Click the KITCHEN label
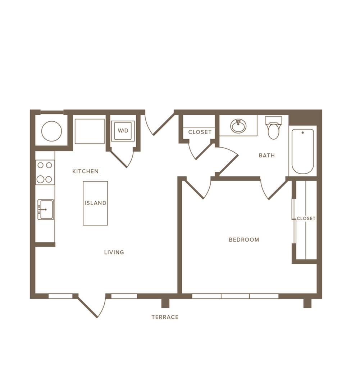click(x=86, y=171)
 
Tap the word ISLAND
click(x=95, y=203)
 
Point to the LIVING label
click(x=114, y=252)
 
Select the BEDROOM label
click(x=244, y=239)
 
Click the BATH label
click(x=267, y=155)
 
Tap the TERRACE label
click(x=165, y=317)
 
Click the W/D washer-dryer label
click(x=123, y=131)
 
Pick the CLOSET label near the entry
click(x=200, y=132)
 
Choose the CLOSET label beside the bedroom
click(x=306, y=218)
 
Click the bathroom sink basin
click(x=238, y=126)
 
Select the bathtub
click(x=302, y=152)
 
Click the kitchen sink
click(x=46, y=210)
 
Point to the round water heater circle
click(x=52, y=131)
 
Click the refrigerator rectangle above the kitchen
click(x=90, y=131)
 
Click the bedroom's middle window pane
click(x=235, y=296)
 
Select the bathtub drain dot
click(x=302, y=133)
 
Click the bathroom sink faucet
click(x=238, y=123)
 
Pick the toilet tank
click(x=274, y=120)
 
